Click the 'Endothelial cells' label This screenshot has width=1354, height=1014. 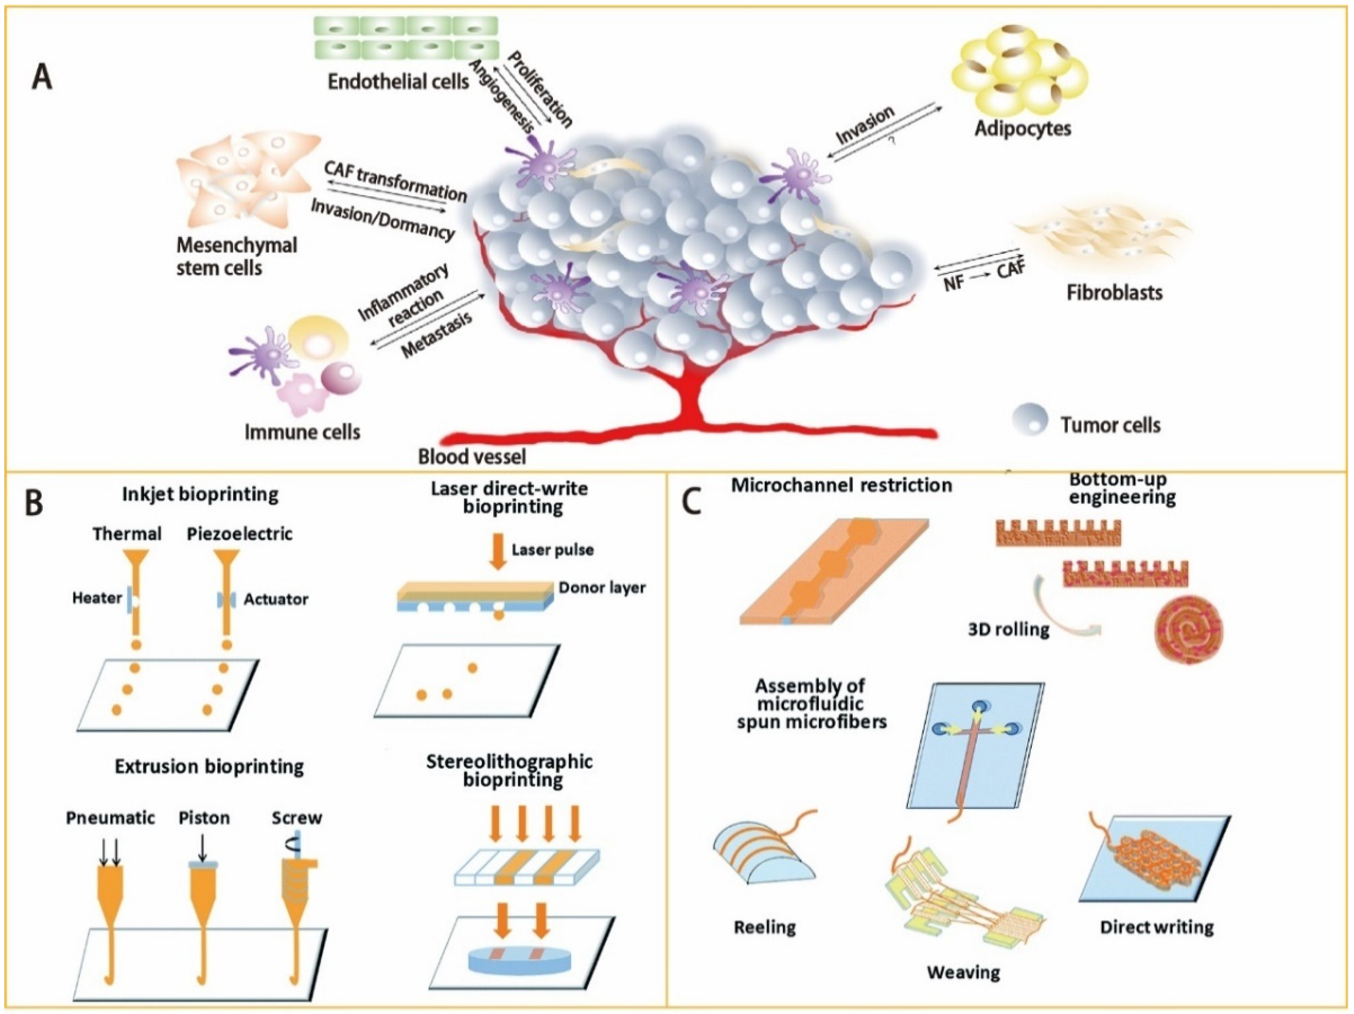[x=398, y=82]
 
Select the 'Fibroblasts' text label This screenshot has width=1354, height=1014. [x=1114, y=292]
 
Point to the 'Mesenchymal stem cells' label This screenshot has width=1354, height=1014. [x=236, y=256]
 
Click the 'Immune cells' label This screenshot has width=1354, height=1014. [x=302, y=432]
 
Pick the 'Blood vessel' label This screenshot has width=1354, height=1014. [x=471, y=457]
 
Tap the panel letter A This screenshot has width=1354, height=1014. [x=41, y=78]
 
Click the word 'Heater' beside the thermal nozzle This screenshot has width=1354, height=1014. [x=97, y=598]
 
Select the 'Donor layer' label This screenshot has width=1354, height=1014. [x=602, y=588]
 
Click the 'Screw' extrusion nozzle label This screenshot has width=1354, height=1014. [x=297, y=818]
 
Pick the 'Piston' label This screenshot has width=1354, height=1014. [x=205, y=818]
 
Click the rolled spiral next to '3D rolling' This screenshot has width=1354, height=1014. [x=1187, y=636]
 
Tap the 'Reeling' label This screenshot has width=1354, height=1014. [x=765, y=927]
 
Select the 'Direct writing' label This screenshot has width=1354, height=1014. [x=1156, y=927]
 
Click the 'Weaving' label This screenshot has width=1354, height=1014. [x=963, y=972]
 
